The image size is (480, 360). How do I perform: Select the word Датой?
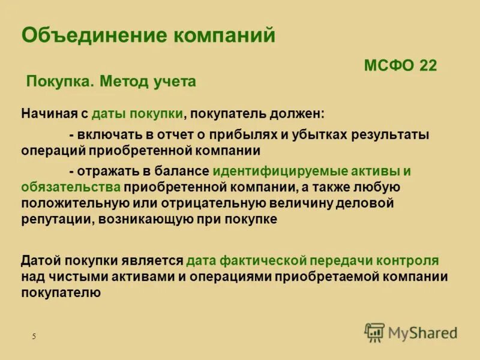click(40, 261)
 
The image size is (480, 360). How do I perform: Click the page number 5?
click(34, 337)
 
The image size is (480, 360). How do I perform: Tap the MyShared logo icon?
click(374, 332)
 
